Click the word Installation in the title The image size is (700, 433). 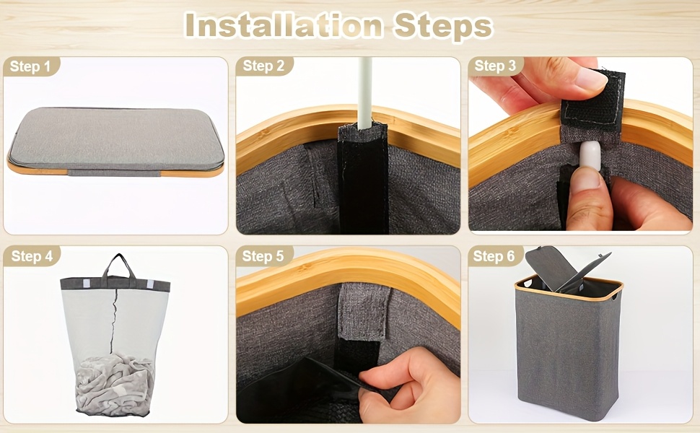(284, 26)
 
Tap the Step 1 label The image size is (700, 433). (30, 66)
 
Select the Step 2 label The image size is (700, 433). (263, 66)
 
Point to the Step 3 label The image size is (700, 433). (495, 66)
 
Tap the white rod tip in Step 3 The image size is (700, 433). (590, 155)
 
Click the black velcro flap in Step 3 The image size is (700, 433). (592, 102)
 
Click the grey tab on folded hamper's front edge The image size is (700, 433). (114, 172)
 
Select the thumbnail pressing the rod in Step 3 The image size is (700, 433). (586, 179)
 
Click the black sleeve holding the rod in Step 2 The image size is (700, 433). (363, 178)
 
